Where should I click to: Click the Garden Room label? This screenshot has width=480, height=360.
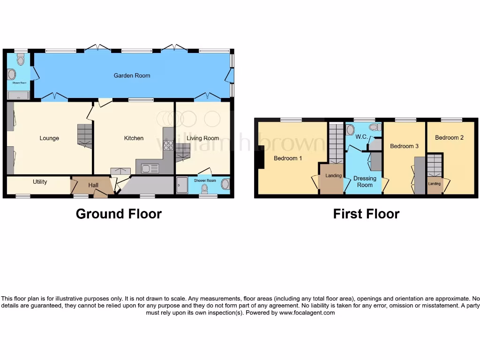pos(132,75)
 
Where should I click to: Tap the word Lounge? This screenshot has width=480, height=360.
pos(49,138)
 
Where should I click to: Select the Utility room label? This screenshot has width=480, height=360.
pos(40,182)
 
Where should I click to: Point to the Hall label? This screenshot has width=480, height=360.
pos(93,186)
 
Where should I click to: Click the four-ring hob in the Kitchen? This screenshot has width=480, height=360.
pos(168,145)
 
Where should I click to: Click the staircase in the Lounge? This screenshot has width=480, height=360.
pos(84,135)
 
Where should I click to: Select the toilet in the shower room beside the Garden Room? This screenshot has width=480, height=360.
pos(20,60)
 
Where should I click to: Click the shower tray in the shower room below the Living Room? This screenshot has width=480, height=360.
pos(182,185)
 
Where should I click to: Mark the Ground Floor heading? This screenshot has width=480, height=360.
pos(119,214)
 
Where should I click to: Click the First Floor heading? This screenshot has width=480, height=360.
pos(366,214)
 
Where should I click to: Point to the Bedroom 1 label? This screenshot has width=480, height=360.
pos(288,158)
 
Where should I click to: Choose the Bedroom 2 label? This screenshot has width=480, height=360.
pos(449,138)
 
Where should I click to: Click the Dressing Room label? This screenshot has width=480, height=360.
pos(365,181)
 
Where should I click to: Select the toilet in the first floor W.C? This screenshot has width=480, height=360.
pos(374,127)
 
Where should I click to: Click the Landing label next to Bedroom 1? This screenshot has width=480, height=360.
pos(333,176)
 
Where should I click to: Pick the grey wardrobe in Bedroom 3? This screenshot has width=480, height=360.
pos(420,175)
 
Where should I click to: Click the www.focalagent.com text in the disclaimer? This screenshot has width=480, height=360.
pos(307,313)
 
